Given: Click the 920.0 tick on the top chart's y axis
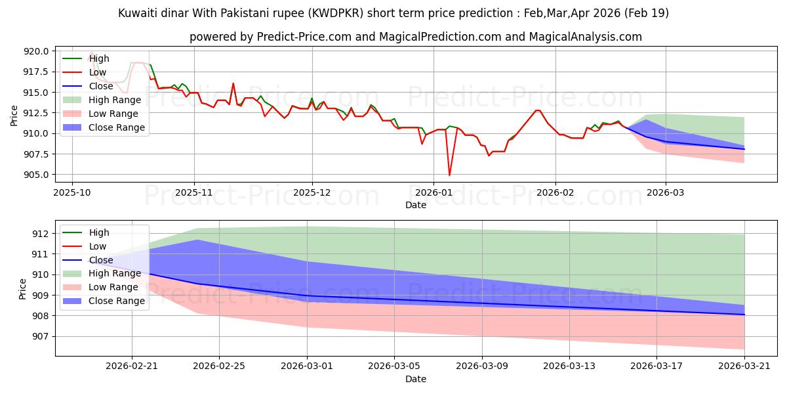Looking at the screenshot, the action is [36, 51].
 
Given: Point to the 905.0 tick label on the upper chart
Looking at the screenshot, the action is [36, 175].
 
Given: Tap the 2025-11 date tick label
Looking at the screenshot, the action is [194, 193].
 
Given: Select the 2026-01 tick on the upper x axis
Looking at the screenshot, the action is [434, 193].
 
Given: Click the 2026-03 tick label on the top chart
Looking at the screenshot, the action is [666, 193].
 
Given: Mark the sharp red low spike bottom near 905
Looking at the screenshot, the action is [449, 175].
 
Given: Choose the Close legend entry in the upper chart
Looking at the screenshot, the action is [88, 86].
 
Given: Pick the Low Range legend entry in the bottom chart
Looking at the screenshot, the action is [100, 287].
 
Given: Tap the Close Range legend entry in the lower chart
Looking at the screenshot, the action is [104, 301].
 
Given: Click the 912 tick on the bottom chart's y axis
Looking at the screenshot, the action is [41, 234].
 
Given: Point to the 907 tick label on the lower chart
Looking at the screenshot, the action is [41, 337].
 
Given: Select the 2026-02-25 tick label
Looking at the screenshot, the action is [219, 366].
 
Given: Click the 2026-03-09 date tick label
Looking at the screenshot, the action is [482, 366].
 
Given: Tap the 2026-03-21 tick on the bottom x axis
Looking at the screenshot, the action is [744, 366].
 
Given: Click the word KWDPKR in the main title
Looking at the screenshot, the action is [336, 13].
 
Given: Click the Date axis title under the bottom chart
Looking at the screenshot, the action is [416, 379].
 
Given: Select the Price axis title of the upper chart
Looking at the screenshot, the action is [14, 116].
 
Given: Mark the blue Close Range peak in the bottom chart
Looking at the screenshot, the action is [197, 240].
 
